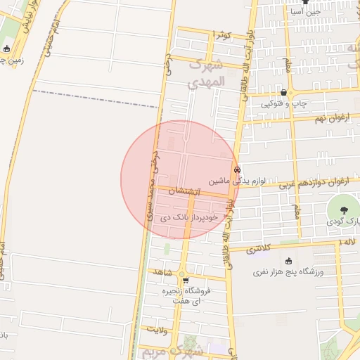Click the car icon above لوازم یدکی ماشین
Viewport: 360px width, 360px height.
[x=237, y=169]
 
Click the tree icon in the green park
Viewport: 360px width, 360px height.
[x=344, y=210]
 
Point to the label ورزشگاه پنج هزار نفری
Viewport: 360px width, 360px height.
[x=289, y=271]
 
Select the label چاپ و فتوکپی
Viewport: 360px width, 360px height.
[x=284, y=103]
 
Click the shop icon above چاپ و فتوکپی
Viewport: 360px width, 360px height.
[x=283, y=92]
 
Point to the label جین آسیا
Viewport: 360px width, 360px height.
[x=306, y=11]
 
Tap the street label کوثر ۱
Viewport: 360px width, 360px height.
[x=222, y=34]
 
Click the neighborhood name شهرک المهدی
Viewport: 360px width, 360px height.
[x=206, y=74]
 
